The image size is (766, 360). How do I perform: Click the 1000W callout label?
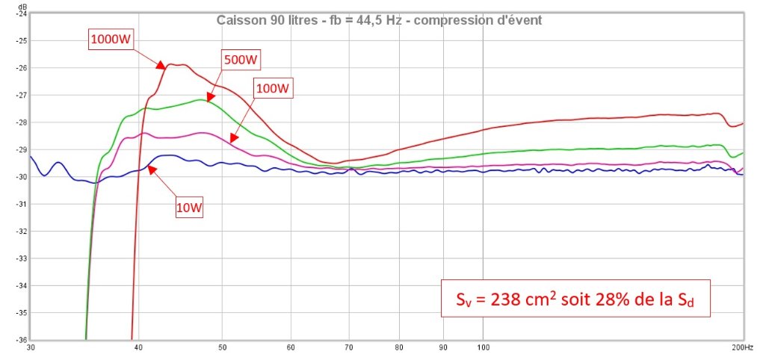point(111,40)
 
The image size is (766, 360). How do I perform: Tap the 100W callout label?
point(273,89)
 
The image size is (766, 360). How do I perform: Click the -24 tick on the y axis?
point(20,13)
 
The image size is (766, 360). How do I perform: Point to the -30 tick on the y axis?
point(20,177)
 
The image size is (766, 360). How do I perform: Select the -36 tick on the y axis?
point(20,340)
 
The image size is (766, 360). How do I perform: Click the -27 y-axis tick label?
point(20,95)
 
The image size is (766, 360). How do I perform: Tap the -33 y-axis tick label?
point(20,258)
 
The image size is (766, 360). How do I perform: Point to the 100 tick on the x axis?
point(484,347)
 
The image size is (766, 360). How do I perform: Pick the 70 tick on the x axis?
point(348,347)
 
